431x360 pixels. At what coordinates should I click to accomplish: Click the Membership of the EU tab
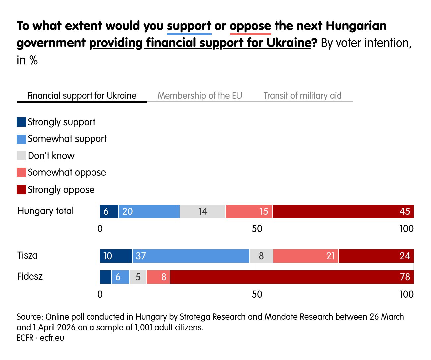point(200,96)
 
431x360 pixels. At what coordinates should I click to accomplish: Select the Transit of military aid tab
point(302,96)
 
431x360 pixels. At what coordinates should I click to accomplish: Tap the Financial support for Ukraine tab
point(82,96)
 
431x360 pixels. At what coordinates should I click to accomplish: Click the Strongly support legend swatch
point(21,122)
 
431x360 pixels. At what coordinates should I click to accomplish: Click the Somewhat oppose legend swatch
point(21,172)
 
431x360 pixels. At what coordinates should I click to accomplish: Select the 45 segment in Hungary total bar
point(343,211)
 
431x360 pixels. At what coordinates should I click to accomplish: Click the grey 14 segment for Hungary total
point(203,211)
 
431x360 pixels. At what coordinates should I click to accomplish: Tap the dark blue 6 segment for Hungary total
point(109,211)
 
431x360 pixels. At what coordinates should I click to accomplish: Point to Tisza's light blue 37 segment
point(191,256)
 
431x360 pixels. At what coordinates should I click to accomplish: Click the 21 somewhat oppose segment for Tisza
point(306,256)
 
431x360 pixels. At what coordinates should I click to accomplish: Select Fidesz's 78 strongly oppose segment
point(292,277)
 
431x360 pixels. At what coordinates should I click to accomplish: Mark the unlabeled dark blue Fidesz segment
point(106,277)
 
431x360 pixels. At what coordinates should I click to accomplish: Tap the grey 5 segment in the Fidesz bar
point(138,277)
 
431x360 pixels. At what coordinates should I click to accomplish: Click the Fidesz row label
point(30,276)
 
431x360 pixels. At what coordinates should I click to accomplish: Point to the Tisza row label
point(28,255)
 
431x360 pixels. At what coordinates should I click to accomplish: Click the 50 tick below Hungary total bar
point(257,229)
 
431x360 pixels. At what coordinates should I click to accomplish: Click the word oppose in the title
point(250,26)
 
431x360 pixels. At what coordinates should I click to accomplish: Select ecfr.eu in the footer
point(52,338)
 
